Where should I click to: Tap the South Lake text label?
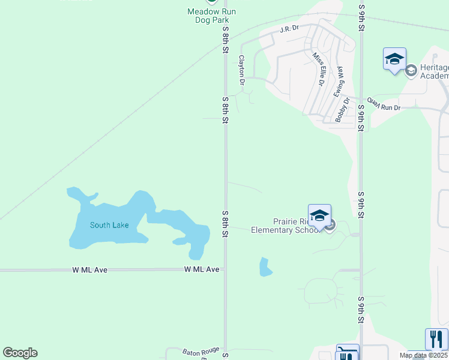[x=109, y=225]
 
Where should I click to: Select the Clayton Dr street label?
[x=242, y=70]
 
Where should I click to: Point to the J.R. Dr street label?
[x=289, y=28]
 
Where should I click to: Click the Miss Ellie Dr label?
[x=318, y=68]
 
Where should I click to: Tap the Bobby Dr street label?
[x=343, y=109]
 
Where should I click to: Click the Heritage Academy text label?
[x=435, y=71]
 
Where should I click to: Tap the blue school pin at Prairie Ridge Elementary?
[x=319, y=215]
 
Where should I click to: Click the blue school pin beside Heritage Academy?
[x=394, y=59]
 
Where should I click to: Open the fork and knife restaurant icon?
[x=436, y=339]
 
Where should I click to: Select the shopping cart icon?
[x=348, y=355]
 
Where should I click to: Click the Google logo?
[x=20, y=353]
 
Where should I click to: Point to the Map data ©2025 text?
[x=423, y=355]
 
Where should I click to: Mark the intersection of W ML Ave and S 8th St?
[x=226, y=270]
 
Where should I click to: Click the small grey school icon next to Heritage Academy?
[x=411, y=71]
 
